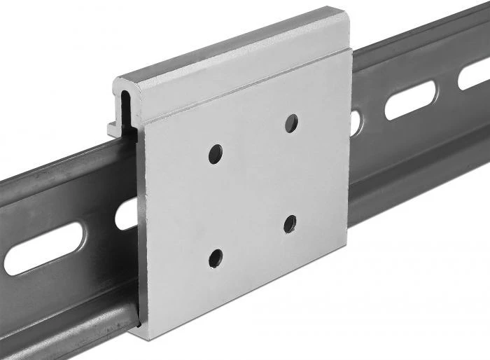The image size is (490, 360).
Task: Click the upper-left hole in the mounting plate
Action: (x=216, y=153)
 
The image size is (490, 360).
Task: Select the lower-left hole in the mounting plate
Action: (x=216, y=257)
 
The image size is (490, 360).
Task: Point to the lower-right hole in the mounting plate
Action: (x=290, y=224)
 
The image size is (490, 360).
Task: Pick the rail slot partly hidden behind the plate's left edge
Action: (x=128, y=214)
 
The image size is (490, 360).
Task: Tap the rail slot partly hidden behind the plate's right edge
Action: (x=356, y=122)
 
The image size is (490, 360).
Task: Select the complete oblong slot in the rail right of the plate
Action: (x=410, y=100)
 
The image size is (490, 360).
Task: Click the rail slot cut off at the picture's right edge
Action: (x=474, y=75)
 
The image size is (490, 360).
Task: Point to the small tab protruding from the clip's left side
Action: (x=112, y=128)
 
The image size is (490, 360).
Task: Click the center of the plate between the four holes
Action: (x=253, y=189)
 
